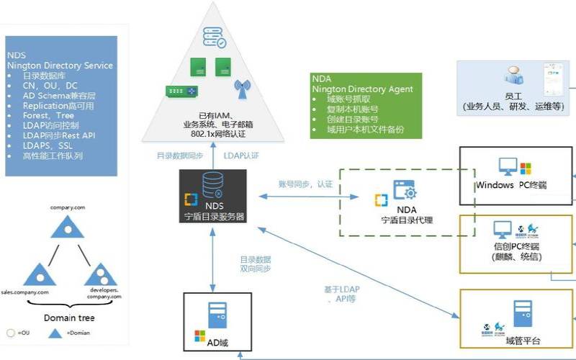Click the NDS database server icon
[213, 186]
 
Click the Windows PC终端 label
[511, 186]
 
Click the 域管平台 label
[523, 341]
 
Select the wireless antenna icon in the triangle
[242, 91]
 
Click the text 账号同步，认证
[305, 184]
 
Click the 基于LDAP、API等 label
[342, 294]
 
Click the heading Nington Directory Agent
[361, 89]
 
